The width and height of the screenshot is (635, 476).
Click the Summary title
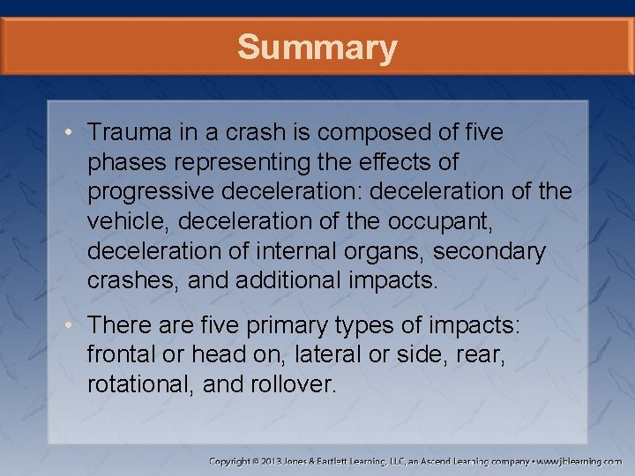tap(317, 48)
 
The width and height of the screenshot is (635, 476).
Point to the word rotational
tap(140, 384)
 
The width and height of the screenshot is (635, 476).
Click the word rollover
tap(295, 384)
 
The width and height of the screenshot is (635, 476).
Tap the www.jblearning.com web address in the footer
tap(580, 461)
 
